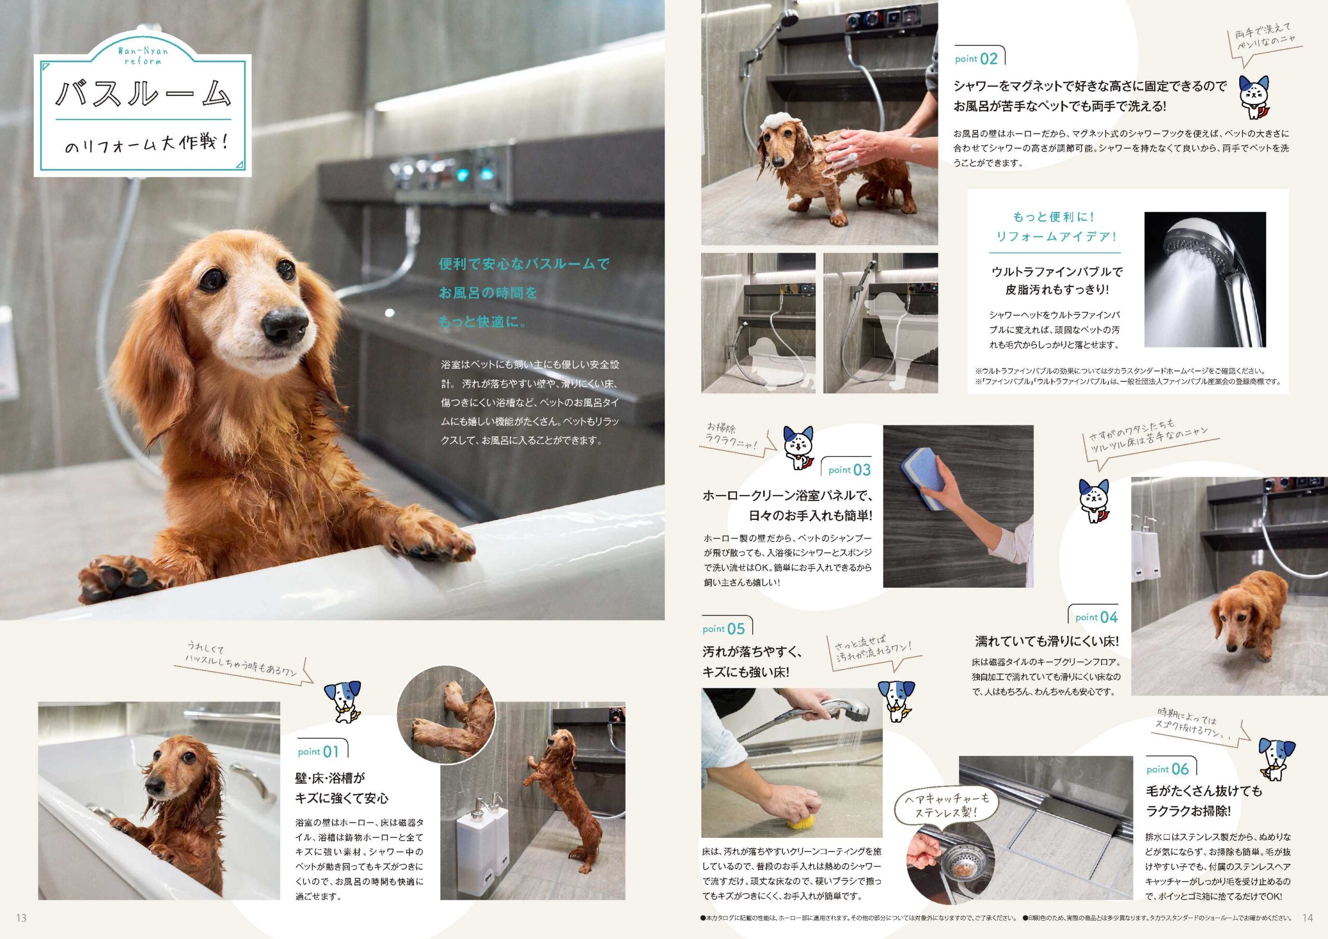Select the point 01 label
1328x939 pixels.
pyautogui.click(x=317, y=752)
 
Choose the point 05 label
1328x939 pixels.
pyautogui.click(x=724, y=629)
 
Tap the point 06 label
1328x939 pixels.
pyautogui.click(x=1167, y=769)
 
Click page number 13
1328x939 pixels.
pyautogui.click(x=22, y=918)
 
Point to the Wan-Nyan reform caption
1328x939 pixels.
pyautogui.click(x=143, y=56)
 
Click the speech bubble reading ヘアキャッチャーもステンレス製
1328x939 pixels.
pyautogui.click(x=939, y=805)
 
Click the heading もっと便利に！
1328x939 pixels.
pyautogui.click(x=1054, y=217)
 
